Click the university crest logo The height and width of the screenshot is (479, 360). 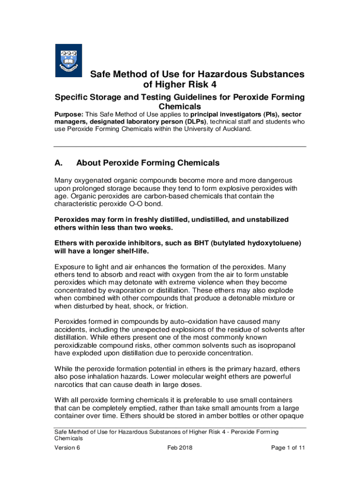tap(69, 60)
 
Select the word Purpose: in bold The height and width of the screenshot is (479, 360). tap(70, 114)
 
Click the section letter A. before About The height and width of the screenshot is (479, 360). tap(59, 163)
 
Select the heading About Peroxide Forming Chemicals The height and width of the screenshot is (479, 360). tap(148, 163)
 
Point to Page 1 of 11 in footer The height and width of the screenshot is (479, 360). tap(288, 448)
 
